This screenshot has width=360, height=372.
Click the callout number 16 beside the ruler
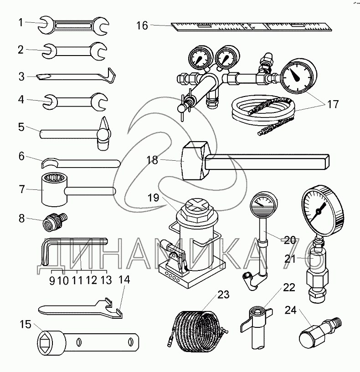pos(142,25)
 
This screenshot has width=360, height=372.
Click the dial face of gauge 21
pos(319,207)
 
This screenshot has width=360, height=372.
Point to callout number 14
pos(124,280)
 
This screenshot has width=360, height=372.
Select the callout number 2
pos(21,50)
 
